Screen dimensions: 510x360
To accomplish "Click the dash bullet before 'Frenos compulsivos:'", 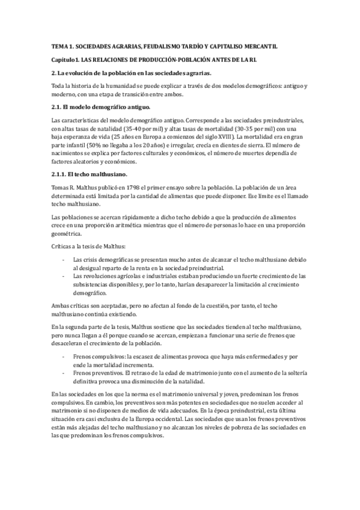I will click(x=64, y=357).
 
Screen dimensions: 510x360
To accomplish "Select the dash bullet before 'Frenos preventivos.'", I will click(x=64, y=372).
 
